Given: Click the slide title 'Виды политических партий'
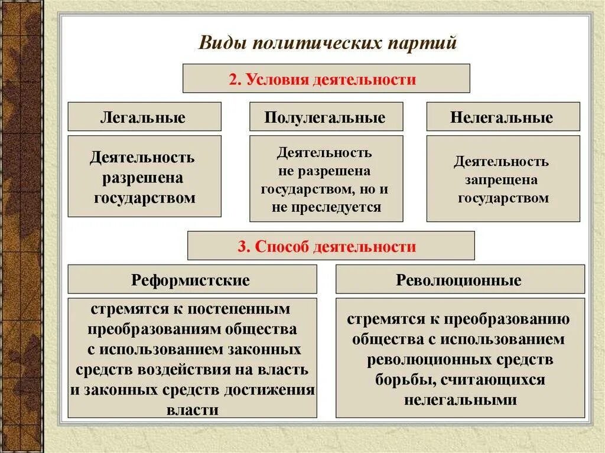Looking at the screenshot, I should (x=327, y=44).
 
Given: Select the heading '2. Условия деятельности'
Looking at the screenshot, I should (x=326, y=79).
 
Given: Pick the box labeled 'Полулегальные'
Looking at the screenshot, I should (x=326, y=117).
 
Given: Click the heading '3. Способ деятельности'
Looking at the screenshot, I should (x=330, y=246).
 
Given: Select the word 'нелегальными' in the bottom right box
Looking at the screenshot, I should (x=460, y=399).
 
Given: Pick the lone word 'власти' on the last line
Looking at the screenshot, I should (x=193, y=410).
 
